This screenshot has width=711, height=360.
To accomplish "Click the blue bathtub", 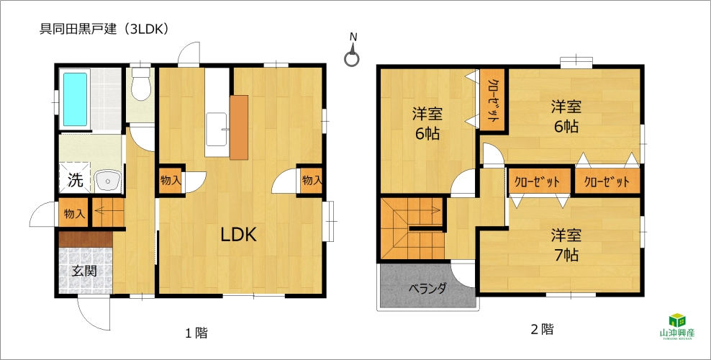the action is [x=75, y=99].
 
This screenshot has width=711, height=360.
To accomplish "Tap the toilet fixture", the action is [x=140, y=84].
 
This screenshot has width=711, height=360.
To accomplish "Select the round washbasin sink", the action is [x=108, y=181].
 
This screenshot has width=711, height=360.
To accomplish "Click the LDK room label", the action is [x=239, y=235].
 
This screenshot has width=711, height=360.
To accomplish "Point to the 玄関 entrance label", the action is [x=85, y=271].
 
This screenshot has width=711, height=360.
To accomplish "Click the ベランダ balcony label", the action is [x=427, y=289].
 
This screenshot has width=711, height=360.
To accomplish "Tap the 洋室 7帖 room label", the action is [x=566, y=246].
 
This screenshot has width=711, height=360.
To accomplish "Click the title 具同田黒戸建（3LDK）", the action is [x=105, y=29].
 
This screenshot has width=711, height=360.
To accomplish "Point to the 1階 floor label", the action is [x=196, y=333].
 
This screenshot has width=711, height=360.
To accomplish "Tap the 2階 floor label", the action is [x=542, y=330].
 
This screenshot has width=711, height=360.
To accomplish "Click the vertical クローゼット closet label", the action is [x=492, y=101].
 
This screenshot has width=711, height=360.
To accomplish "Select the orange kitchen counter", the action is [x=239, y=127].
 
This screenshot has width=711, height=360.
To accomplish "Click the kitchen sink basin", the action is [x=217, y=129].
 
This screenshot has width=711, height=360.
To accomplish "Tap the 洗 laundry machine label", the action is [x=76, y=180].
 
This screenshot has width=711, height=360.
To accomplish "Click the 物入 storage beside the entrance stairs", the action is [x=74, y=214].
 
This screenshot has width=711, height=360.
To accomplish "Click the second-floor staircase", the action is [x=412, y=228].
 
